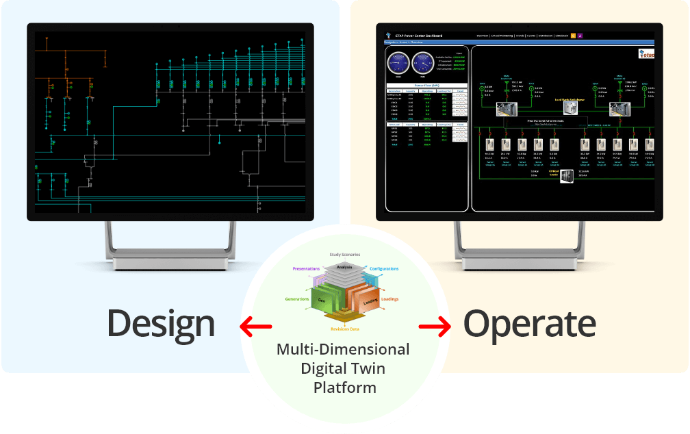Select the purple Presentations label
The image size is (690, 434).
tap(306, 269)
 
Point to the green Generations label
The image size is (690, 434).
tap(298, 299)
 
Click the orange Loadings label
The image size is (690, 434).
tap(389, 299)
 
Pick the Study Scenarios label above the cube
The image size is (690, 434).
tap(345, 255)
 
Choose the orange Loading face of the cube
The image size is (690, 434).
tap(359, 300)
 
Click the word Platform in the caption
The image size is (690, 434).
tap(344, 387)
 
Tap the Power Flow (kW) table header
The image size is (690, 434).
tap(427, 85)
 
